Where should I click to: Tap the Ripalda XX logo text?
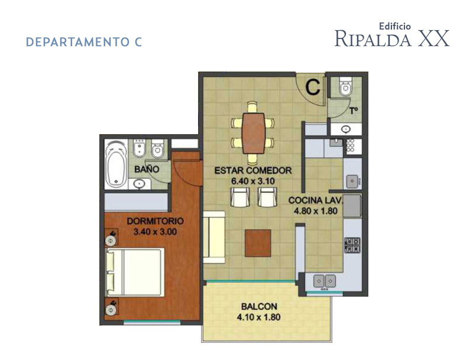391,37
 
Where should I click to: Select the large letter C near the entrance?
313,87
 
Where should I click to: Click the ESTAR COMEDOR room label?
253,171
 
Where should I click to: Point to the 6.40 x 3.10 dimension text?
253,181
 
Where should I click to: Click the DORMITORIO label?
155,221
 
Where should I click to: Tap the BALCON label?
260,307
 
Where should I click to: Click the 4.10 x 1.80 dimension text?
260,317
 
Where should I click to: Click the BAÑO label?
146,169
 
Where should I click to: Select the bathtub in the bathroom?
115,163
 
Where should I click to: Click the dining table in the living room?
254,133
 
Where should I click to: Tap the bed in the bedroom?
134,273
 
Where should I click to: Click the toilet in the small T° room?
344,88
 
